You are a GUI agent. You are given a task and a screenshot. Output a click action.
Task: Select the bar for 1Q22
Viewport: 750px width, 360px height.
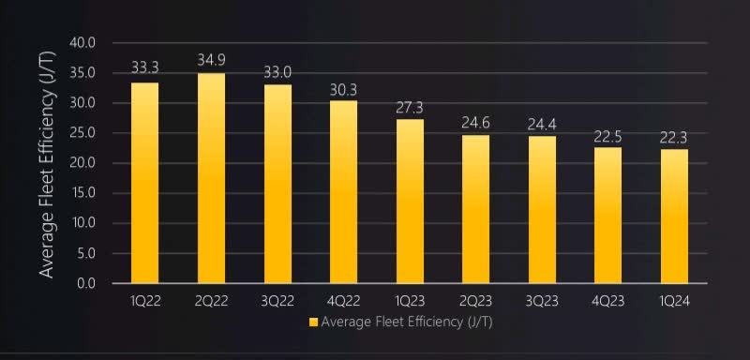pyautogui.click(x=144, y=183)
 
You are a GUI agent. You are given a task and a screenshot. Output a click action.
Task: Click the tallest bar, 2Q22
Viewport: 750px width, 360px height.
pyautogui.click(x=211, y=178)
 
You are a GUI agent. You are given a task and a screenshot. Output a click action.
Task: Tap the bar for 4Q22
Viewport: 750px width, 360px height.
pyautogui.click(x=343, y=191)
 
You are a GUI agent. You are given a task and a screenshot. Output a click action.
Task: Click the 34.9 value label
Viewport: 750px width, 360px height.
pyautogui.click(x=211, y=60)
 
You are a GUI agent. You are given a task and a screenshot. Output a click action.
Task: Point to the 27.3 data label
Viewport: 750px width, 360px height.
pyautogui.click(x=410, y=106)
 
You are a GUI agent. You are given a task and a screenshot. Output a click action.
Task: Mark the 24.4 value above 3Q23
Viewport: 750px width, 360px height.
pyautogui.click(x=542, y=124)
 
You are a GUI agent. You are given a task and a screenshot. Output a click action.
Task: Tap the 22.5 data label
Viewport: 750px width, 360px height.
pyautogui.click(x=607, y=136)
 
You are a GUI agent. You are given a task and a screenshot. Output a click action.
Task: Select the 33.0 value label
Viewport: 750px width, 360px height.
pyautogui.click(x=277, y=71)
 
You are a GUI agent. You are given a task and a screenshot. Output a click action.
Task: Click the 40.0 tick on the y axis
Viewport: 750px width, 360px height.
pyautogui.click(x=83, y=43)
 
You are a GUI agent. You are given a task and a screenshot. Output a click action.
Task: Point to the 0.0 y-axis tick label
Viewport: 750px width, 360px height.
pyautogui.click(x=87, y=283)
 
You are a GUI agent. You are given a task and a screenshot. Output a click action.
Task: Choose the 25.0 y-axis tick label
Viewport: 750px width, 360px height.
pyautogui.click(x=83, y=133)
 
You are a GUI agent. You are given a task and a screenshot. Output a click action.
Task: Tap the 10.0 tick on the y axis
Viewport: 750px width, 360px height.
pyautogui.click(x=83, y=223)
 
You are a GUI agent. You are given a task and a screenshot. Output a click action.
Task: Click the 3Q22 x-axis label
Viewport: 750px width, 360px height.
pyautogui.click(x=277, y=301)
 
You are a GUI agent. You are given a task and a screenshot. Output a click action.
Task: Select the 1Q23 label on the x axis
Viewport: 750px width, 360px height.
pyautogui.click(x=410, y=301)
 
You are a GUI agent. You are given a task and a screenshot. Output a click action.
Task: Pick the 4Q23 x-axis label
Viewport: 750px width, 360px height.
pyautogui.click(x=607, y=301)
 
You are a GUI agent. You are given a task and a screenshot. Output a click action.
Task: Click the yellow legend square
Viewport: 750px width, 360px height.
pyautogui.click(x=314, y=322)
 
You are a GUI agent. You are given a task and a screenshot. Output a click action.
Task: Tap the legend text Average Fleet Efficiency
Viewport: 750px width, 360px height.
pyautogui.click(x=406, y=322)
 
